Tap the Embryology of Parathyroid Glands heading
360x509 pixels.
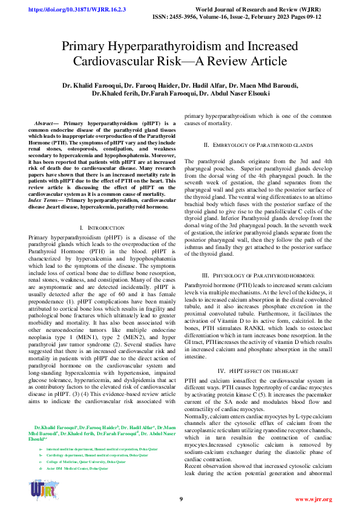tap(258, 146)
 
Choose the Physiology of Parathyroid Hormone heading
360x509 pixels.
tap(258, 275)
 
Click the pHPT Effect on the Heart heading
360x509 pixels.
tap(258, 370)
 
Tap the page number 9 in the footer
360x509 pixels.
tap(180, 499)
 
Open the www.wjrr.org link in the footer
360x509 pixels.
tap(313, 499)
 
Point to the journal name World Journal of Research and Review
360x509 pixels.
tap(264, 10)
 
